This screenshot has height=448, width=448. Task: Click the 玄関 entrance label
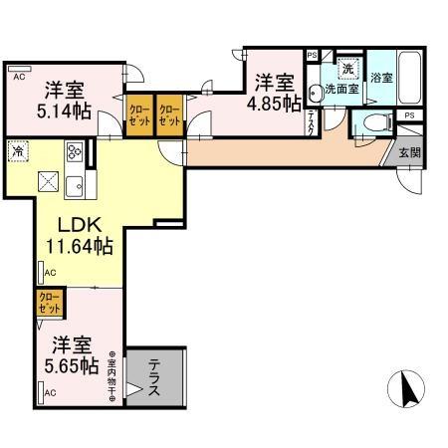[409, 153]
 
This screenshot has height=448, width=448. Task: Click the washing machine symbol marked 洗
[347, 70]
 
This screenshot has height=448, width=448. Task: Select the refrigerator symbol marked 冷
[19, 150]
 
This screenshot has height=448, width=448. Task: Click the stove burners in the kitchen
[76, 152]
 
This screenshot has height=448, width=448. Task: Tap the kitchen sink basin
[77, 184]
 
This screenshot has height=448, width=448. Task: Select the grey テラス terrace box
[154, 379]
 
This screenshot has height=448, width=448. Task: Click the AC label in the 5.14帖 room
[19, 75]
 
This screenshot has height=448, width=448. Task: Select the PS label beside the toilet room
[409, 115]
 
